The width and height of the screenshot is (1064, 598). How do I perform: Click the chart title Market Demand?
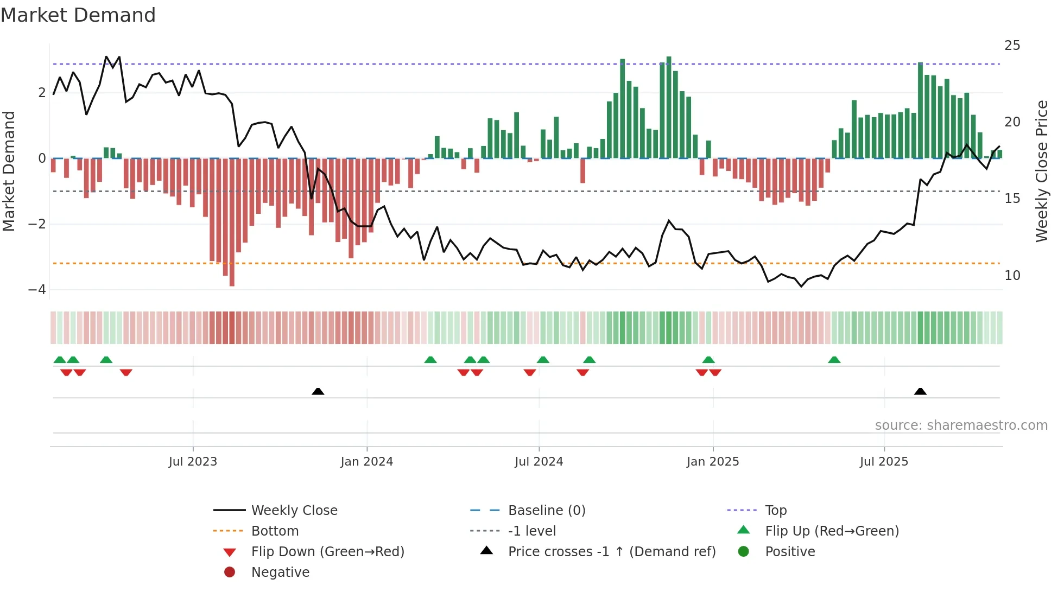coord(78,15)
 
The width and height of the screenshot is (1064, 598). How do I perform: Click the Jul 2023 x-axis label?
coord(193,462)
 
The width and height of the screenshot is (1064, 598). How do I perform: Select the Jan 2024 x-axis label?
coord(366,462)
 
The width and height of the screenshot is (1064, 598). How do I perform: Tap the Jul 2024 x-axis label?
coord(539,462)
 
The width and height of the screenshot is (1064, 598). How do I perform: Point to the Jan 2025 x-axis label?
coord(712,462)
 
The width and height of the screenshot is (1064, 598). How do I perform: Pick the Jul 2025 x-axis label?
coord(884,462)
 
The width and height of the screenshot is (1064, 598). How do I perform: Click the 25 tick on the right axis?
coord(1012,46)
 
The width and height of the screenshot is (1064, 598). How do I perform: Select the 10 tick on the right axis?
coord(1012,276)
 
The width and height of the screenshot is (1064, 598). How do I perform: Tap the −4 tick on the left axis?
coord(37,290)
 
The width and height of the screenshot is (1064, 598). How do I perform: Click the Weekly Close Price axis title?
coord(1041,171)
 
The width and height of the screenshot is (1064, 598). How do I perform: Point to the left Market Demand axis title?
coord(9,171)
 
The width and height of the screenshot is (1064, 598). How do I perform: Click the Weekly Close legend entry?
coord(294,511)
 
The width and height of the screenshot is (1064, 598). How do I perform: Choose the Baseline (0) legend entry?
coord(546,511)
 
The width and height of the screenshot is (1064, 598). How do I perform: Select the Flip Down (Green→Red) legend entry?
coord(327,552)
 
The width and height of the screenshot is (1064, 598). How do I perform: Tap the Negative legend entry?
coord(280,572)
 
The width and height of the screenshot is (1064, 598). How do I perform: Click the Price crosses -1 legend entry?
coord(611,552)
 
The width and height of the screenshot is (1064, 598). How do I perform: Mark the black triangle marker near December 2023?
coord(318,391)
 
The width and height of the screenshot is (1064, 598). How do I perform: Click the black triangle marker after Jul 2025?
coord(920,391)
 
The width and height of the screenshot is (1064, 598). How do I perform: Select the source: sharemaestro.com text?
coord(961,425)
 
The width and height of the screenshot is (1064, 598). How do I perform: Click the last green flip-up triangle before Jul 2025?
coord(834,360)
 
